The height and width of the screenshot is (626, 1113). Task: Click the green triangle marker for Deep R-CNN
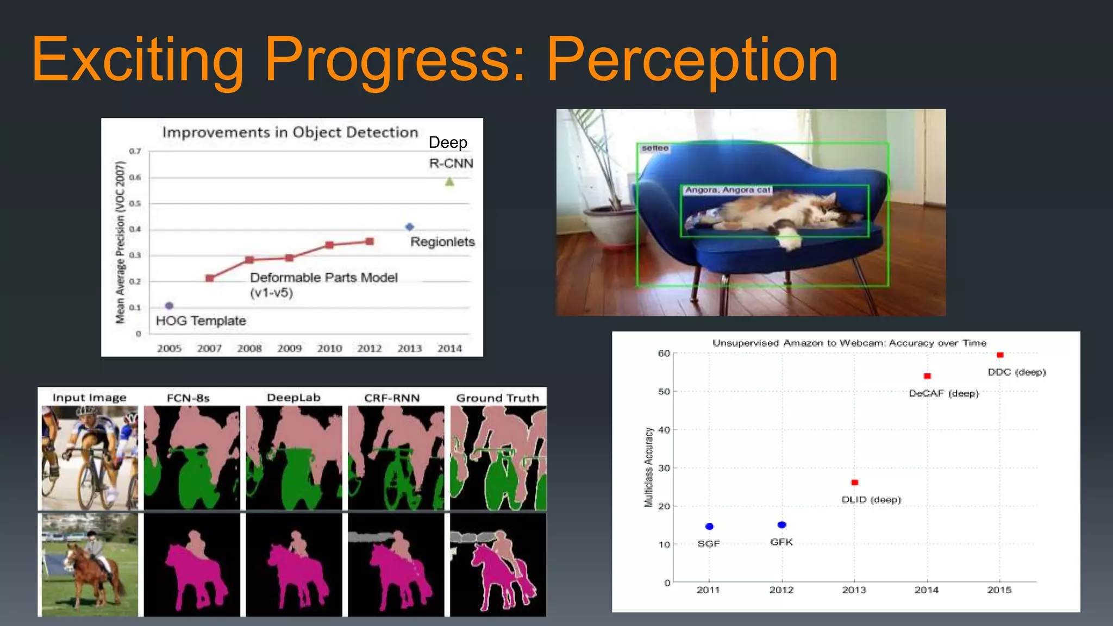[449, 182]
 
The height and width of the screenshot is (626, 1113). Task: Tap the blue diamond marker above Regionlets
[410, 227]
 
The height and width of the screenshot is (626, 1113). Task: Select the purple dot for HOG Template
[169, 305]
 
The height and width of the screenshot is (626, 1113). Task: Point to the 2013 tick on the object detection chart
[409, 348]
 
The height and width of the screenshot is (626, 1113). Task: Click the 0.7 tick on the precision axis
[135, 151]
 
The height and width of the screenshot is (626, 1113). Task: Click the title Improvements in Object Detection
[290, 133]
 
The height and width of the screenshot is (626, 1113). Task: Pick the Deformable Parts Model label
[323, 278]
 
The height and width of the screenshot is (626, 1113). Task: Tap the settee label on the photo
[654, 148]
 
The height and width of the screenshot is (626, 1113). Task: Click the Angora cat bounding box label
[727, 190]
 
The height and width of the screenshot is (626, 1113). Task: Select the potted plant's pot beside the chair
[613, 228]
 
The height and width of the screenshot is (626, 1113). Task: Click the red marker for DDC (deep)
[999, 355]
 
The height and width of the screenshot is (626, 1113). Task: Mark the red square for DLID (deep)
[854, 483]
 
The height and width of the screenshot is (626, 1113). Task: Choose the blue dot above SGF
[709, 527]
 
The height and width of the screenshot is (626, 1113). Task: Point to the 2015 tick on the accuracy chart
[999, 590]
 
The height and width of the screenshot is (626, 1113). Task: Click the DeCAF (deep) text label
[943, 393]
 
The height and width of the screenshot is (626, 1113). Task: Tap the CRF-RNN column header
[392, 398]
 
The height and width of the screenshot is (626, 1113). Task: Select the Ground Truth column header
[497, 398]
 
